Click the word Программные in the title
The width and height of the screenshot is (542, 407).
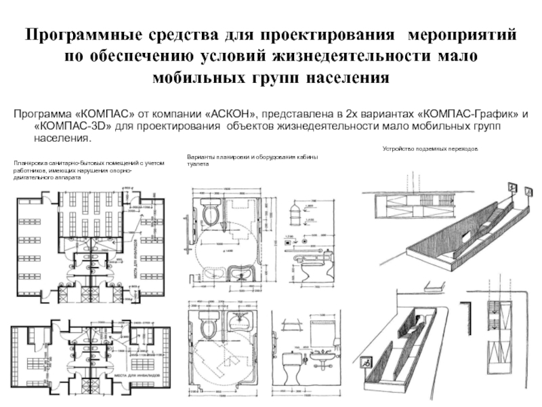[x=82, y=35]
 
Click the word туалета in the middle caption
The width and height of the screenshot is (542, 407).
[x=197, y=164]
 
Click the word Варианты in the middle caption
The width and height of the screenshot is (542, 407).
[x=200, y=157]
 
